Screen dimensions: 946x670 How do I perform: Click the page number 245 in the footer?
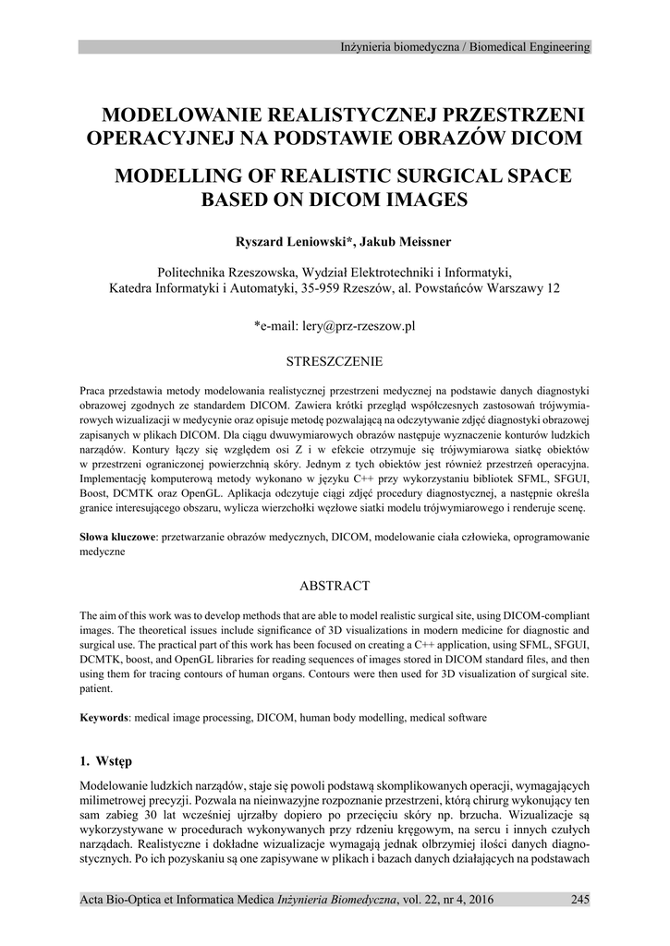click(x=579, y=900)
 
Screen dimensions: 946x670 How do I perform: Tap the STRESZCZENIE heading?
click(x=335, y=360)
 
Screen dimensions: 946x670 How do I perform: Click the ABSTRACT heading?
click(x=335, y=586)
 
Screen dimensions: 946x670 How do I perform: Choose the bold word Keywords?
click(x=103, y=717)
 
